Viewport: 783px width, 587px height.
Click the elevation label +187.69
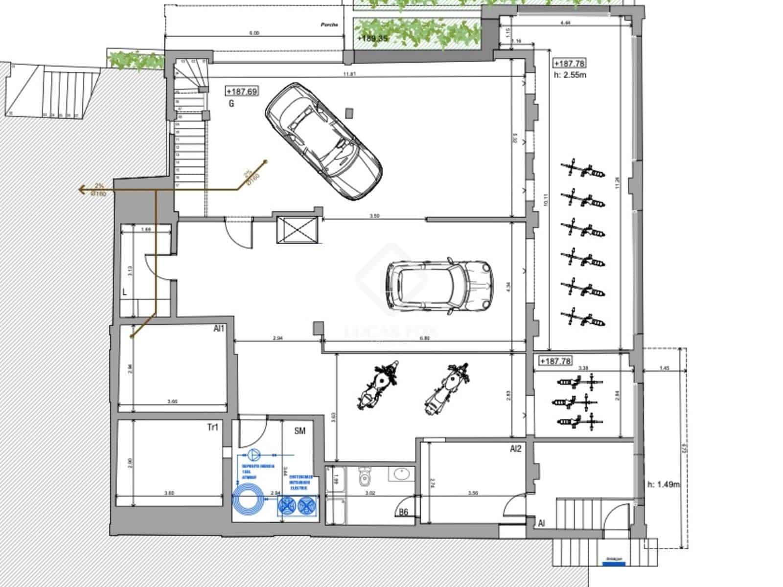click(242, 91)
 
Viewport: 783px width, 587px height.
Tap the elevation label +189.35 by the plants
click(373, 38)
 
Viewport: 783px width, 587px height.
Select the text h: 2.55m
click(570, 75)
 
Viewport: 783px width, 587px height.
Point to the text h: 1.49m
click(663, 484)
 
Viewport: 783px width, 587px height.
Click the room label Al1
click(218, 329)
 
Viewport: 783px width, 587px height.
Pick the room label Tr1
click(212, 428)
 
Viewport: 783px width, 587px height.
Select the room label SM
click(299, 430)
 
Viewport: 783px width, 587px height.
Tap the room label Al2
click(515, 449)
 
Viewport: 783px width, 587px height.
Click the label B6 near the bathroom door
click(403, 513)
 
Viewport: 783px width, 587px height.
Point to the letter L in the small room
click(125, 292)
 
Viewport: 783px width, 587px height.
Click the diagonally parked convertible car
click(323, 141)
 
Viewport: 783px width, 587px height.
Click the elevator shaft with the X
click(297, 229)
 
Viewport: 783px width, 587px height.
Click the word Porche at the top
click(329, 24)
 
